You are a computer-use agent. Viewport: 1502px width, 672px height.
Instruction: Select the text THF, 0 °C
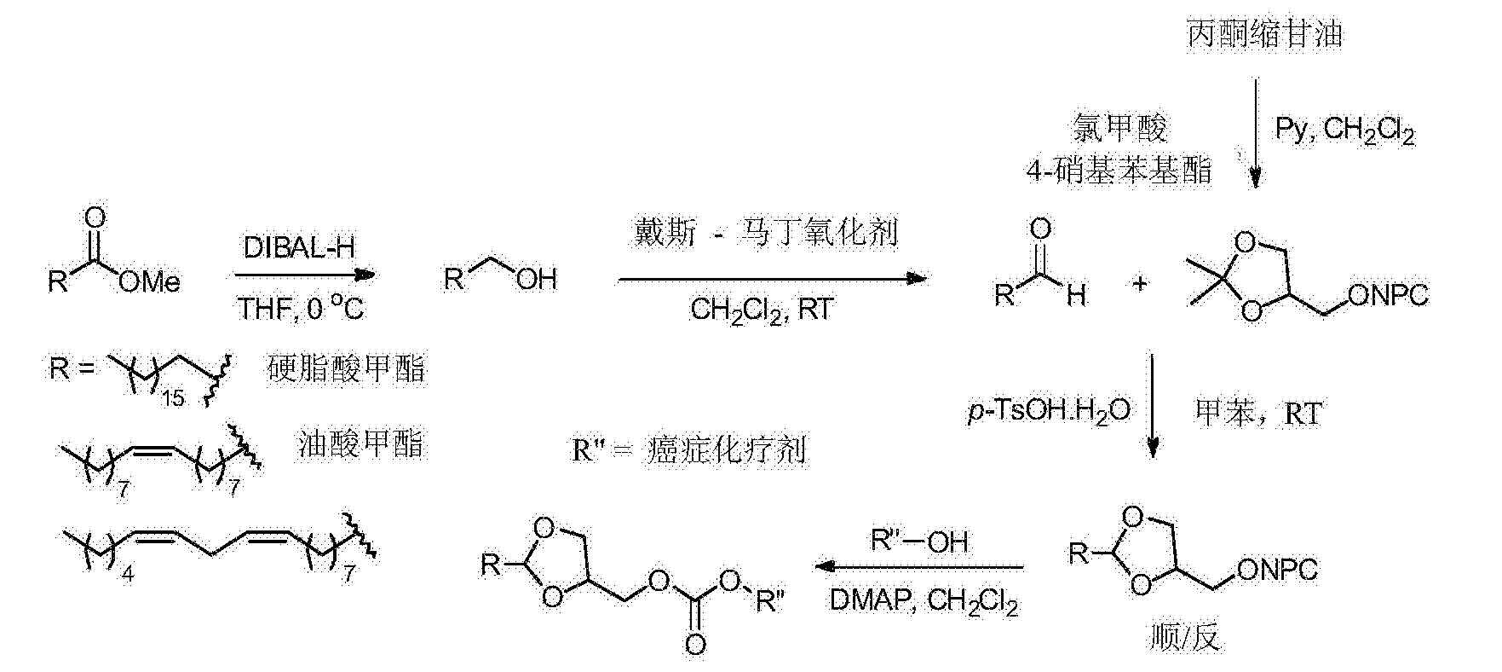(x=301, y=307)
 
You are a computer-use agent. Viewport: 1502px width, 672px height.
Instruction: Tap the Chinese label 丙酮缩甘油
(x=1264, y=33)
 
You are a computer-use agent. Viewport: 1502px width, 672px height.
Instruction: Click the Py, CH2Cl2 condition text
(x=1345, y=130)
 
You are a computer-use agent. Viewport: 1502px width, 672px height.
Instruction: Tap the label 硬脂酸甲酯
(x=346, y=369)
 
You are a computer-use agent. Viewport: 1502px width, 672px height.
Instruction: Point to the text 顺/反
(x=1183, y=637)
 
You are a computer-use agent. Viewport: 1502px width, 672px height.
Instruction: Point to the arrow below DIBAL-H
(x=304, y=275)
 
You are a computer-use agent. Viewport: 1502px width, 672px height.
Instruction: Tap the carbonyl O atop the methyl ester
(x=97, y=216)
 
